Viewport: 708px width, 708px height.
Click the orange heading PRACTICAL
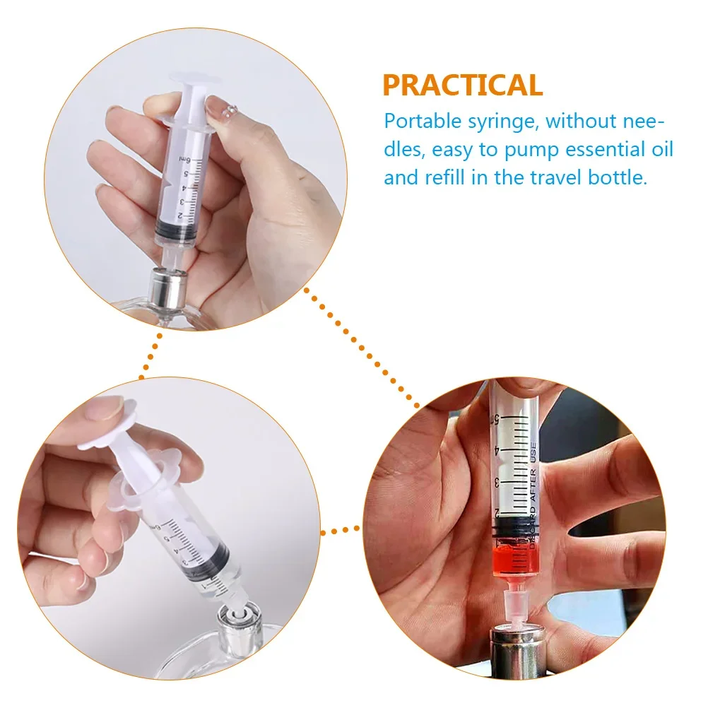tap(463, 85)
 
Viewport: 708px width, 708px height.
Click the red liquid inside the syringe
tap(514, 559)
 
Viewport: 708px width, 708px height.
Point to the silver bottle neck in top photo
tap(169, 290)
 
